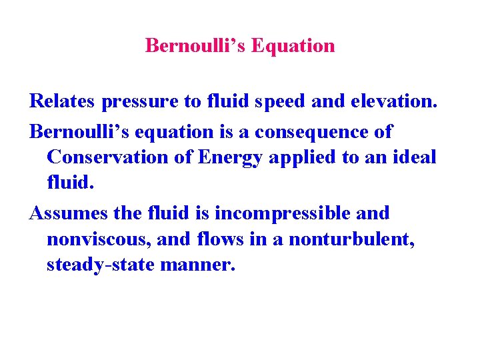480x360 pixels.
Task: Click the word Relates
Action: [x=63, y=101]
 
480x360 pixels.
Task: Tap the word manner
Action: [x=202, y=265]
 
